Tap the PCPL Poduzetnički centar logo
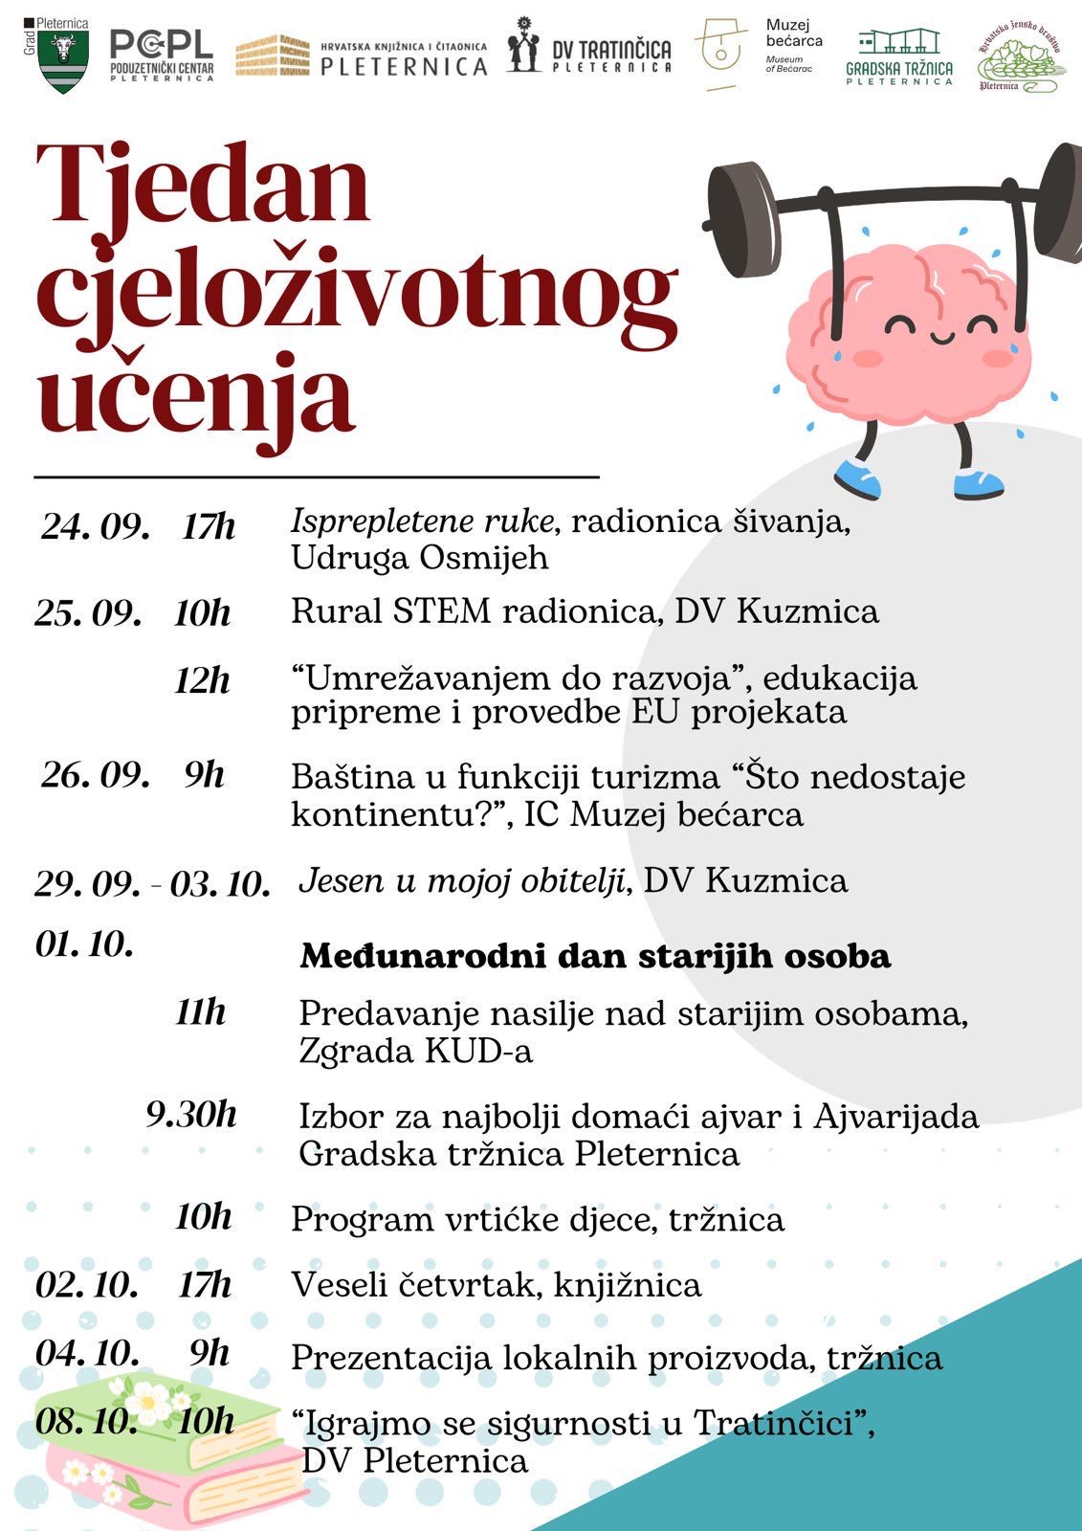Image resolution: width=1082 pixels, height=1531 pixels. coord(161,55)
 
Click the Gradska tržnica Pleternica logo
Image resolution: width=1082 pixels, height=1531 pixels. coord(899,56)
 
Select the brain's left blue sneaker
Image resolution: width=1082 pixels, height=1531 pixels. coord(857,477)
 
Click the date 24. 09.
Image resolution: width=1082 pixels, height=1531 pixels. coord(95,527)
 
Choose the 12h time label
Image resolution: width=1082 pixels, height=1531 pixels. coord(202,680)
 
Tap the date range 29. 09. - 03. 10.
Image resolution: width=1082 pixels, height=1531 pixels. coord(153,883)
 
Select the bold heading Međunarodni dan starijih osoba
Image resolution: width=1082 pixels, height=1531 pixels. coord(595,956)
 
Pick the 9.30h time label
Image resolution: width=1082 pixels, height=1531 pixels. coord(191,1115)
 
